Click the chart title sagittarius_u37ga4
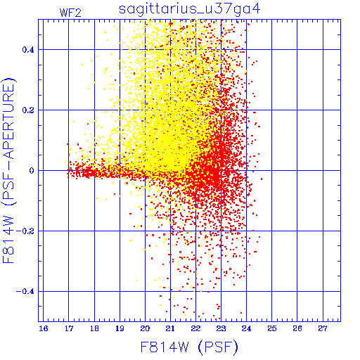coord(189,9)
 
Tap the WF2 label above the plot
coord(70,13)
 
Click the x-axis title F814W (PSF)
coord(189,347)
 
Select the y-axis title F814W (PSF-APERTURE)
coord(9,171)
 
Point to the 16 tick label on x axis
coord(44,328)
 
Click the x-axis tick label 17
coord(69,328)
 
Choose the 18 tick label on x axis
coord(94,328)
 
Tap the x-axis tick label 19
coord(120,328)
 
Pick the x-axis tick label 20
coord(145,328)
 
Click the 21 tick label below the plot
coord(170,328)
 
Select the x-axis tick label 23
coord(221,328)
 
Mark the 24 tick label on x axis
coord(246,328)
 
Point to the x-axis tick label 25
coord(272,328)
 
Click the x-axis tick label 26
coord(297,328)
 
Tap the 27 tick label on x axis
coord(323,328)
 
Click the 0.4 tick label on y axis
coord(28,50)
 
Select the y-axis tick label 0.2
coord(28,110)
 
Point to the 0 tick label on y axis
coord(32,171)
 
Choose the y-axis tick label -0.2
coord(25,231)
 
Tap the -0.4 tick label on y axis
coord(25,292)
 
